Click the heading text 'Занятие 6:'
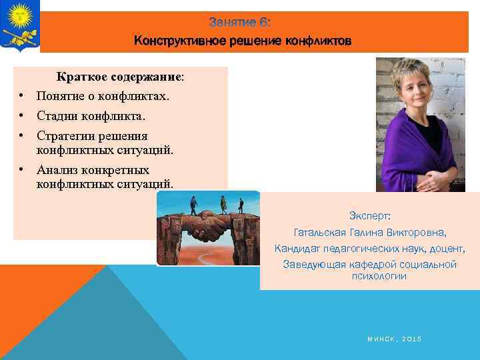(239, 23)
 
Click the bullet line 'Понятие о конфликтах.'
(103, 96)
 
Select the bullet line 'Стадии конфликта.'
(91, 116)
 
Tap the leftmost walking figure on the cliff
(193, 204)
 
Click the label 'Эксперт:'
(370, 217)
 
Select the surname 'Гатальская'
(320, 233)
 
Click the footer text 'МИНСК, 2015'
(394, 339)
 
